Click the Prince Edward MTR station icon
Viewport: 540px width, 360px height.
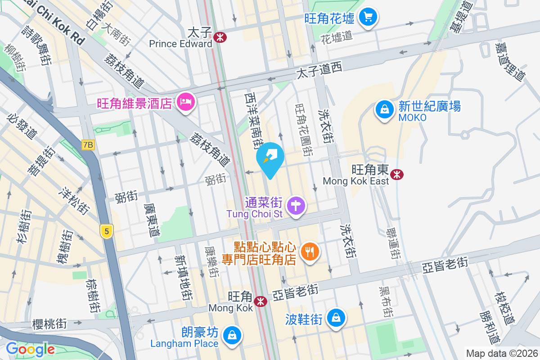point(220,38)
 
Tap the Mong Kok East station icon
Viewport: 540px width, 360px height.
point(397,174)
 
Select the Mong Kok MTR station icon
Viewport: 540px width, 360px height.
point(260,301)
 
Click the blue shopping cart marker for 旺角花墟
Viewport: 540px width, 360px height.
point(369,18)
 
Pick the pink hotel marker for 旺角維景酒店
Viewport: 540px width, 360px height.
point(185,102)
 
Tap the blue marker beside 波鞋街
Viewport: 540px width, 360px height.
point(336,317)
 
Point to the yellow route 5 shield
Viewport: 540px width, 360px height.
point(106,232)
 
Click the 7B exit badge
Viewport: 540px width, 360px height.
point(89,145)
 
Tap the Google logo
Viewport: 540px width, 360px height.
point(30,349)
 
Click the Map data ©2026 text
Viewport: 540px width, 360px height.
point(500,353)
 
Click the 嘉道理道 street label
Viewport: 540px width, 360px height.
point(510,62)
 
